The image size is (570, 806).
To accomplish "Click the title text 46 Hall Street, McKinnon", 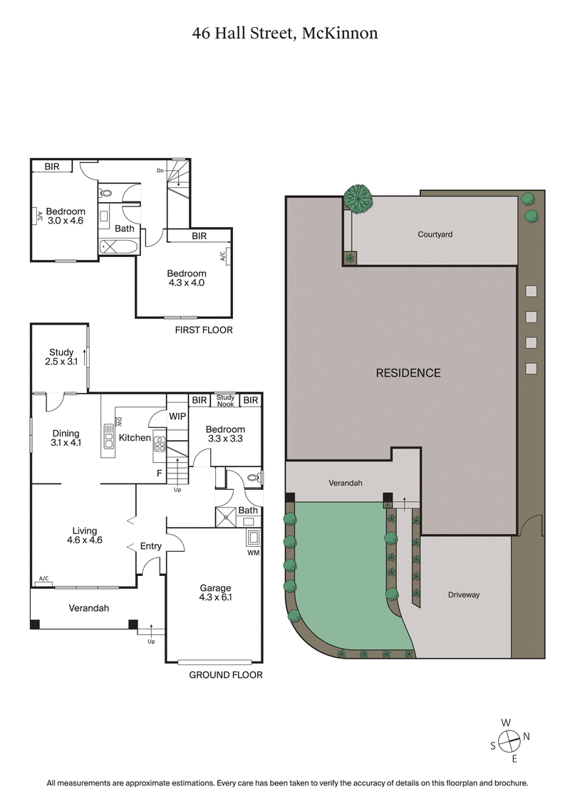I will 284,33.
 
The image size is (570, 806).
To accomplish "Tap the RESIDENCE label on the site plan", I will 408,373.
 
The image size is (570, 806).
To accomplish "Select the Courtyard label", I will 435,234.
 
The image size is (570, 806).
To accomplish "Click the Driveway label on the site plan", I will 464,595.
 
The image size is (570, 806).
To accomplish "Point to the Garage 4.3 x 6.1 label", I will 215,592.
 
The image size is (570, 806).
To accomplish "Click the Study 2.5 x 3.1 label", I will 61,357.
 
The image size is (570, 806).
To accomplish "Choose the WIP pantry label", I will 177,416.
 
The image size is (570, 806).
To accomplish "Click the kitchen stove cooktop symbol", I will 160,444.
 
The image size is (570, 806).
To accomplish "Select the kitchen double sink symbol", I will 109,436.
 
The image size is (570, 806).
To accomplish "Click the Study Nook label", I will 226,401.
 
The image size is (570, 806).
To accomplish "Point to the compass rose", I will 508,743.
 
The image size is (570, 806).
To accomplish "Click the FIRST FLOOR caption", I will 204,330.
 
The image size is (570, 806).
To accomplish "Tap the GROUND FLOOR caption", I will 225,675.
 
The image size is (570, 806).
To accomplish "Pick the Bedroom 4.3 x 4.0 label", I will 187,278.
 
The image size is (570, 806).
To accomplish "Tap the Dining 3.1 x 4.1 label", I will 66,438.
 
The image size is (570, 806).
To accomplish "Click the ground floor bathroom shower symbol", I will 226,517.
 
